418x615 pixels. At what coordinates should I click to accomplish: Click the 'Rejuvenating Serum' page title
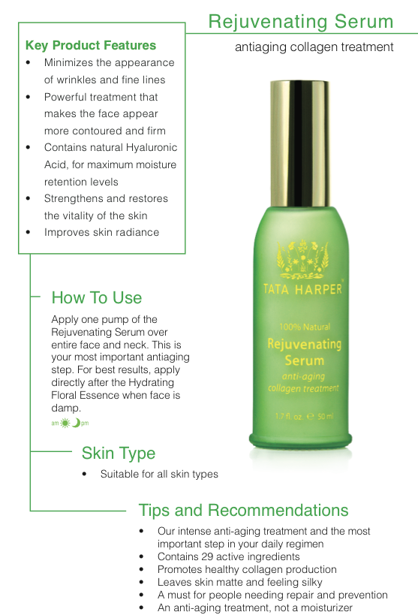point(301,22)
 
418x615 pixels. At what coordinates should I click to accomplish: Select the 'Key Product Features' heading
point(91,45)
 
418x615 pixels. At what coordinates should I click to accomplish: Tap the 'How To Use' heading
point(97,297)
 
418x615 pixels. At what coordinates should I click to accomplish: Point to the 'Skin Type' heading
point(119,454)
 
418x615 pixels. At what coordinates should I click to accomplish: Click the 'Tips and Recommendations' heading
point(243,511)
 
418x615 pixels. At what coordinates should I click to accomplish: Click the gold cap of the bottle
point(300,143)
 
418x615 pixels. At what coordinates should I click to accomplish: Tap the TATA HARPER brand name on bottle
point(303,289)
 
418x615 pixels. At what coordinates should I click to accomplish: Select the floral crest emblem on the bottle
point(302,259)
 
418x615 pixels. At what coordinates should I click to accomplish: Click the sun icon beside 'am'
point(65,423)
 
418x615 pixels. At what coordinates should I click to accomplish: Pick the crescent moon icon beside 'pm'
point(77,423)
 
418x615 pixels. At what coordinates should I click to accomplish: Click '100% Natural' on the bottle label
point(305,327)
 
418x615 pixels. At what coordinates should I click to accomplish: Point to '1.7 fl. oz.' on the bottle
point(290,416)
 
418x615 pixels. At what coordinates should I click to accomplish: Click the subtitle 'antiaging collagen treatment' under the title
point(314,47)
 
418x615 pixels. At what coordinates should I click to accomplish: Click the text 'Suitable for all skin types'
point(159,474)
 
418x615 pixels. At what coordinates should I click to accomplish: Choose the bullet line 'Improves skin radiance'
point(101,232)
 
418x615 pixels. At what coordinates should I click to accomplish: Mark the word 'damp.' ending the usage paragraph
point(66,408)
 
